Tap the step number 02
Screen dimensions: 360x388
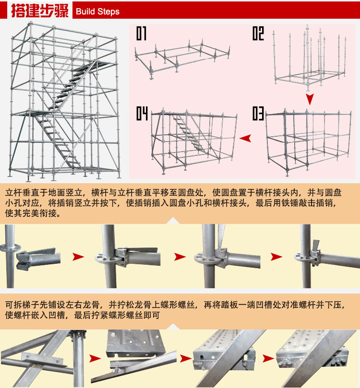click(x=258, y=34)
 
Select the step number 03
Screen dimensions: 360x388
click(x=258, y=114)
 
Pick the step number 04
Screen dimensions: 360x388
click(x=142, y=114)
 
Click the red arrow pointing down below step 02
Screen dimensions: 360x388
click(x=310, y=99)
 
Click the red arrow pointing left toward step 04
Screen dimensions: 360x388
click(x=246, y=138)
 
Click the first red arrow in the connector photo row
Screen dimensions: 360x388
click(x=78, y=257)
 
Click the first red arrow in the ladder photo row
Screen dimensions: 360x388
click(x=95, y=358)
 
